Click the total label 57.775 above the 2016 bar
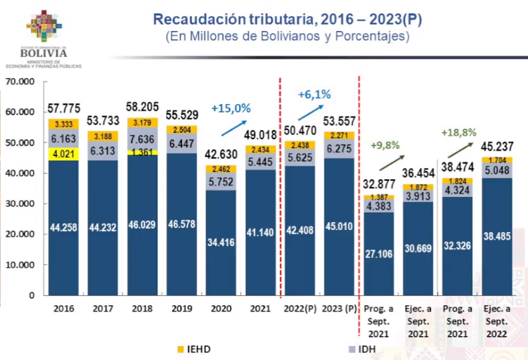(64, 108)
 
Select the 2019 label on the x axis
(182, 308)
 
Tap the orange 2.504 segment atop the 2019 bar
(182, 130)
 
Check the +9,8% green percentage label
(385, 146)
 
